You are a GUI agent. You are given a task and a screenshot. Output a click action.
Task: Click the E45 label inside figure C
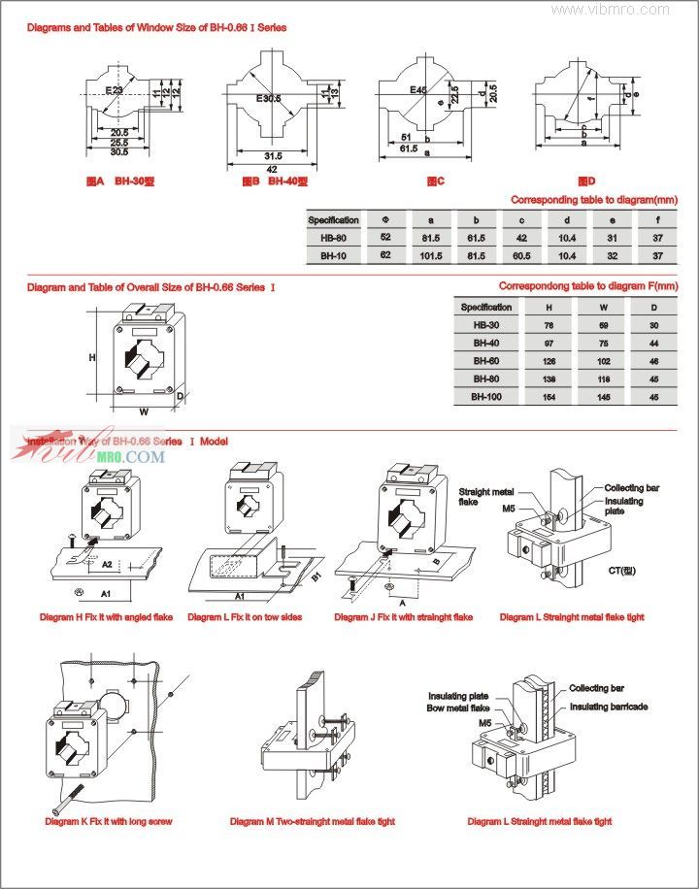[418, 90]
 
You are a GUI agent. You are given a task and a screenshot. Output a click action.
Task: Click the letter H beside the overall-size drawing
[92, 358]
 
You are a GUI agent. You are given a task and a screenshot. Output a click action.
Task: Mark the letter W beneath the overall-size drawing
[143, 412]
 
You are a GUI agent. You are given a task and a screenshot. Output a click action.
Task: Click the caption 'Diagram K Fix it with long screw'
[109, 821]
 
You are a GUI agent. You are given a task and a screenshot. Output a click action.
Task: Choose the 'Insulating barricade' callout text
[609, 707]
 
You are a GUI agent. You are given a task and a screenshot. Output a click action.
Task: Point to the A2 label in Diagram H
[108, 564]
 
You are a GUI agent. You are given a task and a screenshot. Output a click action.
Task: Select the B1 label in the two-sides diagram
[316, 578]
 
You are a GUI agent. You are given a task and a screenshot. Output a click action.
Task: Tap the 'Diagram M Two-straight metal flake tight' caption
[312, 821]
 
